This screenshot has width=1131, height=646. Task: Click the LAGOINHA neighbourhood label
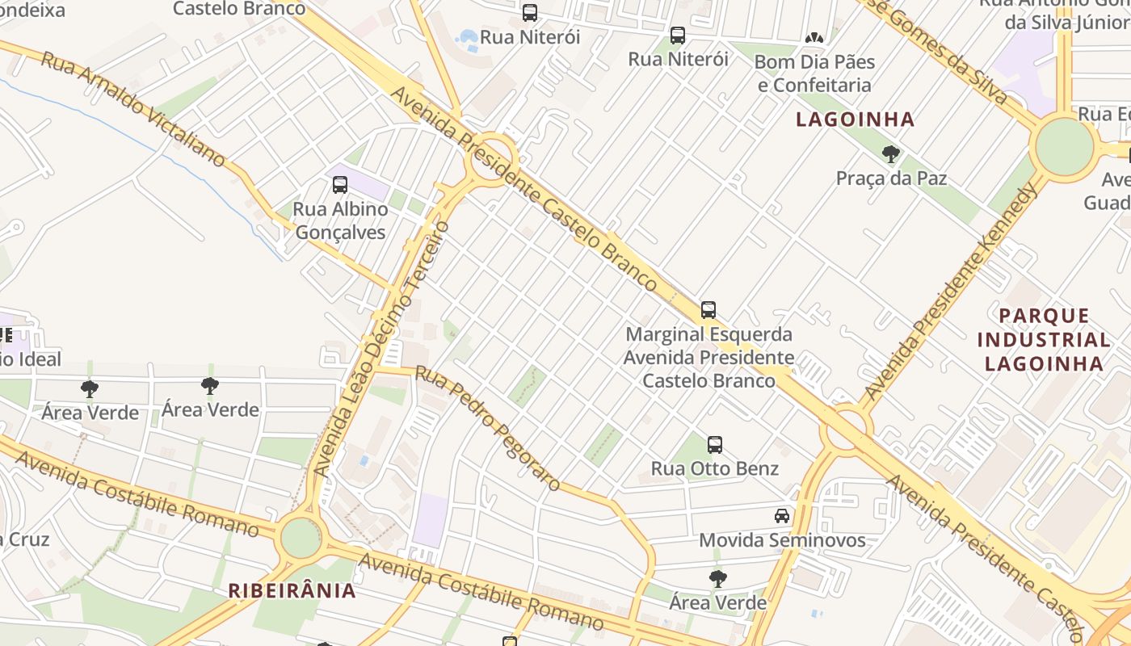[x=855, y=120]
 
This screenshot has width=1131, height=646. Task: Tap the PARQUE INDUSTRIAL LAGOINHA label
[x=1044, y=339]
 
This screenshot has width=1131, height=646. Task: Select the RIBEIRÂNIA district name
[x=292, y=590]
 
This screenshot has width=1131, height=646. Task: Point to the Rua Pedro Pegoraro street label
[x=487, y=428]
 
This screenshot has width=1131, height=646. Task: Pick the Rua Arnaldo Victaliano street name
[x=132, y=109]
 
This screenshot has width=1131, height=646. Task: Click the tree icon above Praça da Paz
[x=891, y=153]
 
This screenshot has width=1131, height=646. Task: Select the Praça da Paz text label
[x=891, y=178]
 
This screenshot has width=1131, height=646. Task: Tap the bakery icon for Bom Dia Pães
[x=814, y=37]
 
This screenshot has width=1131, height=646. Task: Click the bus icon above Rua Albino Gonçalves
[x=340, y=184]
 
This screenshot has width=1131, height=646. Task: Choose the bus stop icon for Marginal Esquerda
[x=708, y=309]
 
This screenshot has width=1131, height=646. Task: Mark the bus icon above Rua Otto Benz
[x=715, y=444]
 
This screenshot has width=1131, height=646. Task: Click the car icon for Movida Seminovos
[x=782, y=515]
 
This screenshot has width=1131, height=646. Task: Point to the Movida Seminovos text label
[x=782, y=540]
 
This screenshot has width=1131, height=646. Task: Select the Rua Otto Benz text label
[x=715, y=468]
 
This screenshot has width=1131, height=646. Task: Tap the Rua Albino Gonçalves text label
[x=340, y=220]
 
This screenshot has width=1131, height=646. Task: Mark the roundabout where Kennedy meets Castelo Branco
[x=846, y=429]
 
